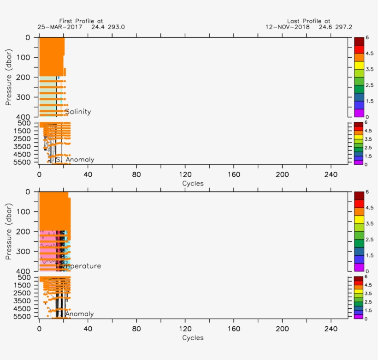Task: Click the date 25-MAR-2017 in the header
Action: click(x=59, y=27)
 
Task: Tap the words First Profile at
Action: click(x=81, y=21)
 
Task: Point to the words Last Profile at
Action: click(x=308, y=21)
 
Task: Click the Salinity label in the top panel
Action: click(x=77, y=112)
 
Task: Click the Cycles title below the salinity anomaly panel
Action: click(x=193, y=183)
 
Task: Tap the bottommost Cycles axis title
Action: click(x=193, y=338)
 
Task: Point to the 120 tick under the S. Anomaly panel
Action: click(x=185, y=174)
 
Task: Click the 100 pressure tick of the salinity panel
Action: click(x=24, y=57)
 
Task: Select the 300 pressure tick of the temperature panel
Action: click(x=24, y=252)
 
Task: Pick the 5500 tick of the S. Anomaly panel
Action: click(x=22, y=162)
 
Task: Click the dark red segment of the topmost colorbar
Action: click(x=359, y=41)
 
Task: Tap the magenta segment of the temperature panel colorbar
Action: click(x=359, y=267)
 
